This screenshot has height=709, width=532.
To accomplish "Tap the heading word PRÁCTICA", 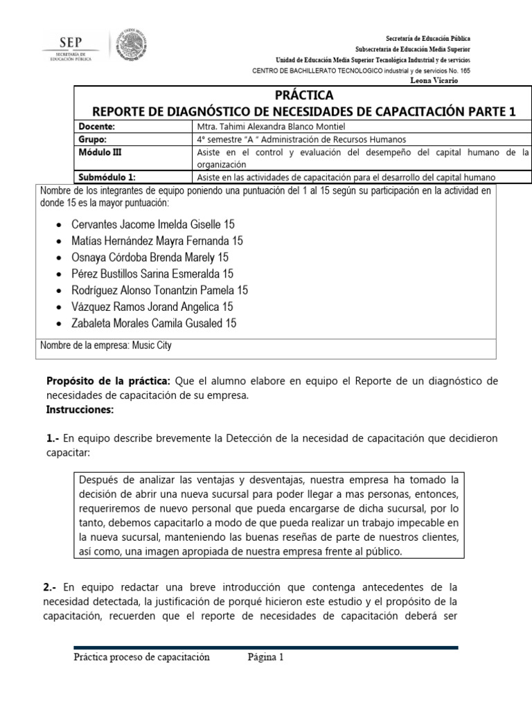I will (x=304, y=96).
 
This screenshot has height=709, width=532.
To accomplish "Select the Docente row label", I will (x=97, y=126).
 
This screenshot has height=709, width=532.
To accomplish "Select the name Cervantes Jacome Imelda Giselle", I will (x=139, y=225).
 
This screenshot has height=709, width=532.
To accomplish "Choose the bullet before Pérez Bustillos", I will (x=60, y=274).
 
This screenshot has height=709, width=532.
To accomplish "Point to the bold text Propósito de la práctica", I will (x=108, y=382).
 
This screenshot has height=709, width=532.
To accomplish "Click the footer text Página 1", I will (x=266, y=658).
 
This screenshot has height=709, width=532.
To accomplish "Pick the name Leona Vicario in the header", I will (x=434, y=80).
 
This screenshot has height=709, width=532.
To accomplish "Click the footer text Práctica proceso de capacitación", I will (x=141, y=658).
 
